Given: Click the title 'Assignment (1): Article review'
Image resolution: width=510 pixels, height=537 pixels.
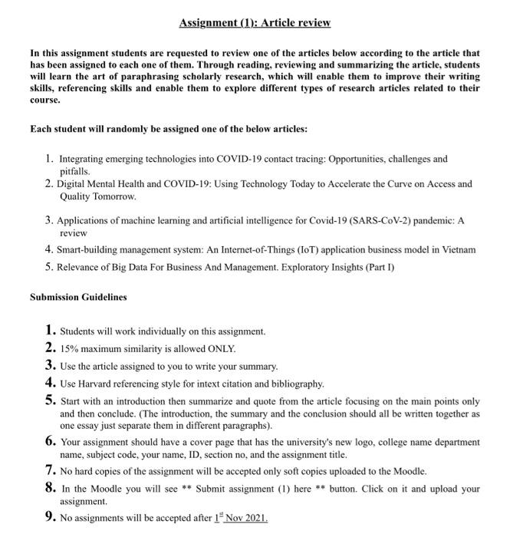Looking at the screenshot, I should (255, 23).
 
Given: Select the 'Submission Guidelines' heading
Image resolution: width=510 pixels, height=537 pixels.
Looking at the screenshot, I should (78, 297).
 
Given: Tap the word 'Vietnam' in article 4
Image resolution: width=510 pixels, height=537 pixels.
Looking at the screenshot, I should (458, 249).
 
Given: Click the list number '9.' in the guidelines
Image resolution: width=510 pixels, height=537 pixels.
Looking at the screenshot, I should (50, 518).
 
